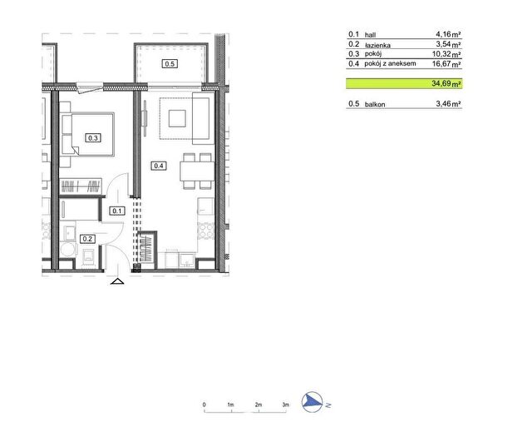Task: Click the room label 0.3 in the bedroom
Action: coord(93,138)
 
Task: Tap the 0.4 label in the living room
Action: coord(159,166)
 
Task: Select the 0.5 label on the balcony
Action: coord(170,63)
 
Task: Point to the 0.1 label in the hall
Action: coord(117,211)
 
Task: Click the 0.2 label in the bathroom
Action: coord(87,239)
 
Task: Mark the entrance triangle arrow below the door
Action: coord(117,281)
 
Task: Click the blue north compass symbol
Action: coord(313,402)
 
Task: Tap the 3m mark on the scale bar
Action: coord(285,405)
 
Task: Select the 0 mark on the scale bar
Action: coord(204,405)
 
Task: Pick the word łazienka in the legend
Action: coord(377,45)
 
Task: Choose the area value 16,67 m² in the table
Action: coord(446,63)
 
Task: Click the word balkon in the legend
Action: coord(375,105)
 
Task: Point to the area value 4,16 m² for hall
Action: coord(448,34)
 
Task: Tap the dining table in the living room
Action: coord(197,171)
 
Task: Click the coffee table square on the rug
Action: coord(177,118)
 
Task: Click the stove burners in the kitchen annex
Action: coord(205,231)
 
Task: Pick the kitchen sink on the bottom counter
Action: coord(187,261)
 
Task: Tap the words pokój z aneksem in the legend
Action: coord(390,63)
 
